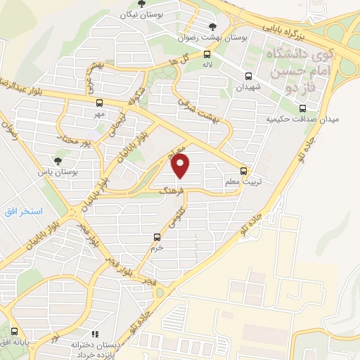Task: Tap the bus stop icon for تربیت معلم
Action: point(244,170)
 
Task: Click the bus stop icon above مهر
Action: point(98,102)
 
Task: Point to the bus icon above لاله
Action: point(206,53)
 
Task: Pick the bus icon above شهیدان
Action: point(247,76)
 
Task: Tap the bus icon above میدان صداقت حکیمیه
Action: point(302,108)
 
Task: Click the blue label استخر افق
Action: point(24,212)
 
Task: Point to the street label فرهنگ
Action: point(172,190)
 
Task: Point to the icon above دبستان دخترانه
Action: point(94,335)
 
